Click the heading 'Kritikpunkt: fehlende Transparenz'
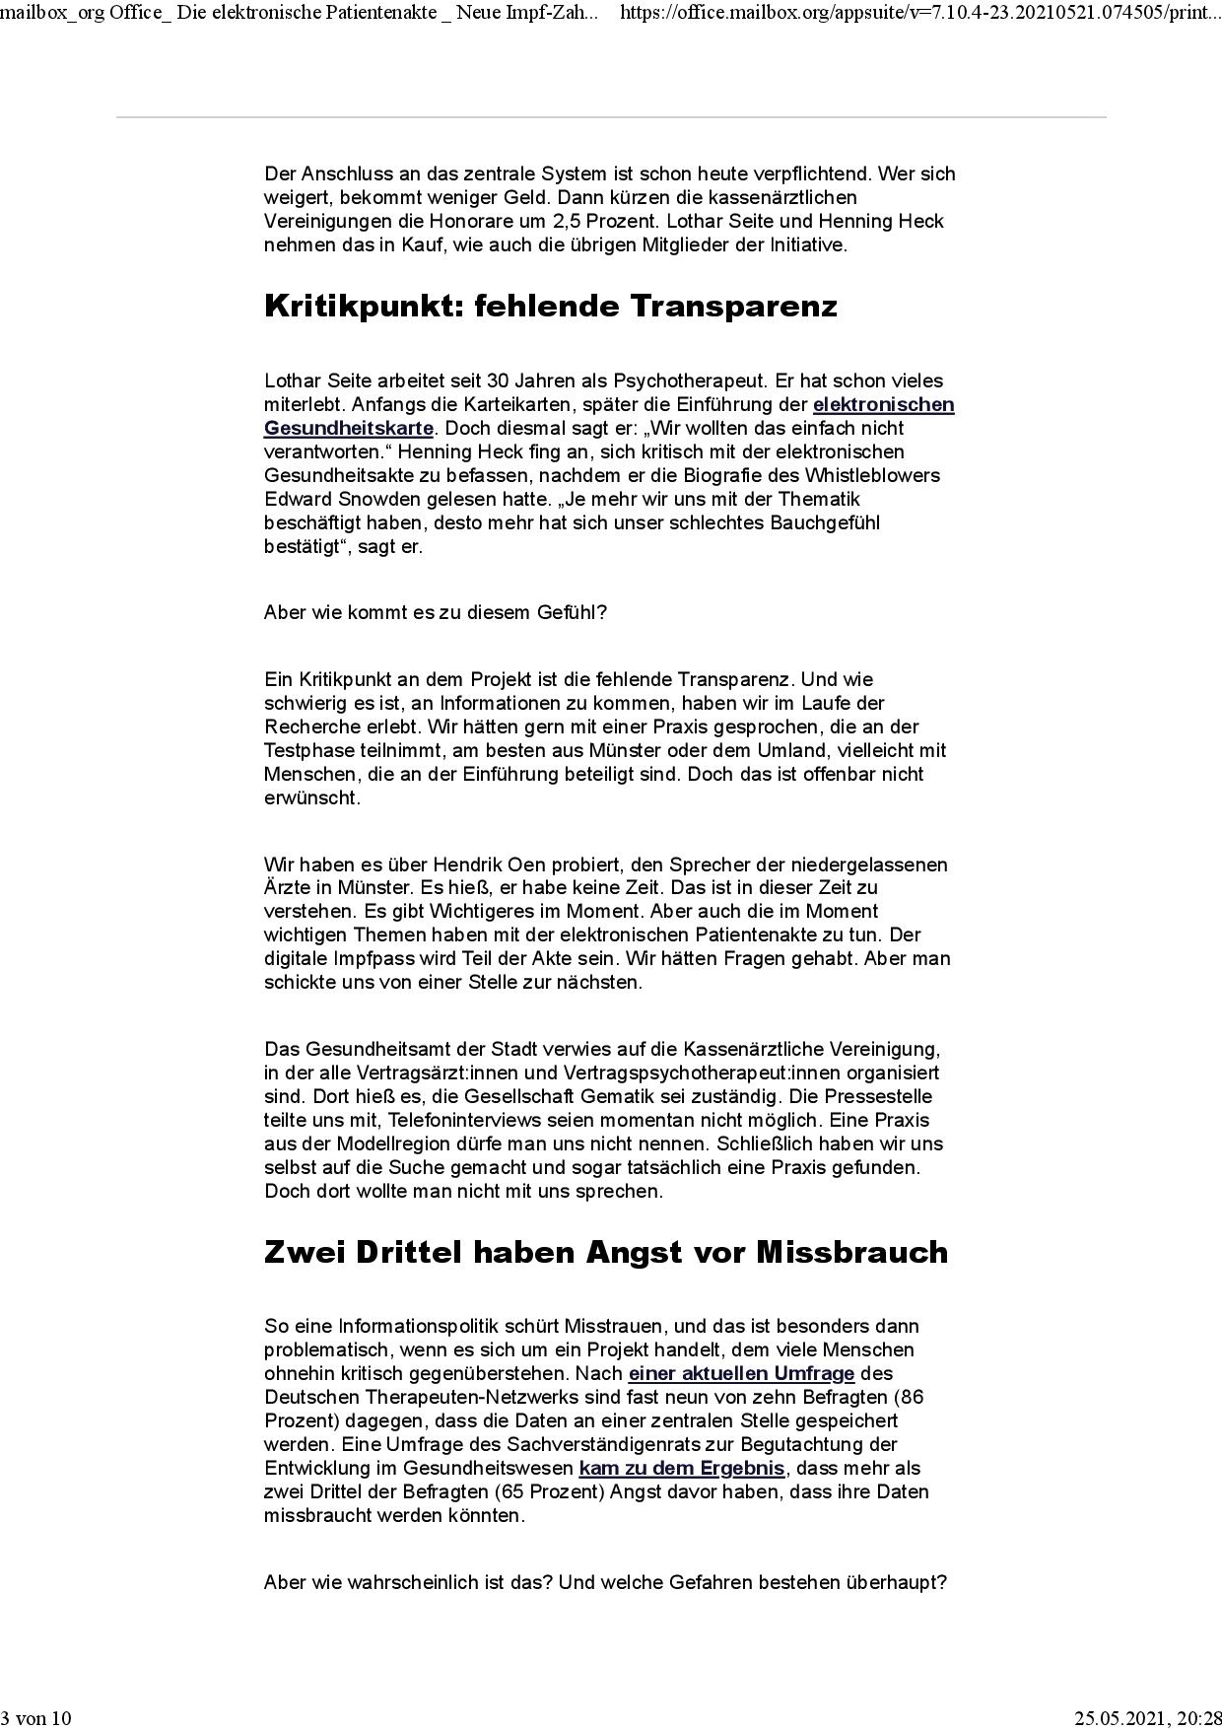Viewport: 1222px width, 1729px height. click(x=551, y=307)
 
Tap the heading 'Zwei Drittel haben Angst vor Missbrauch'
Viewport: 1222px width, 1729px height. click(x=606, y=1252)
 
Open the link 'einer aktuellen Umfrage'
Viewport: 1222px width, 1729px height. click(x=741, y=1373)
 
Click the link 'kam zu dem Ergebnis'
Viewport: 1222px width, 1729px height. click(x=682, y=1468)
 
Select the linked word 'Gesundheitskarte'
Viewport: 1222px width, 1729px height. click(x=349, y=428)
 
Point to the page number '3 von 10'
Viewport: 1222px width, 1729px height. click(x=36, y=1718)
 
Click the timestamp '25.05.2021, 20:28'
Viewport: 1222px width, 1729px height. click(x=1147, y=1718)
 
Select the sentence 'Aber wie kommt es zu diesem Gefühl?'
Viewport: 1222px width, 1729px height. click(x=436, y=612)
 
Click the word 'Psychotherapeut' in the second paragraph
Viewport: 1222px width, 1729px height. click(x=680, y=380)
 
